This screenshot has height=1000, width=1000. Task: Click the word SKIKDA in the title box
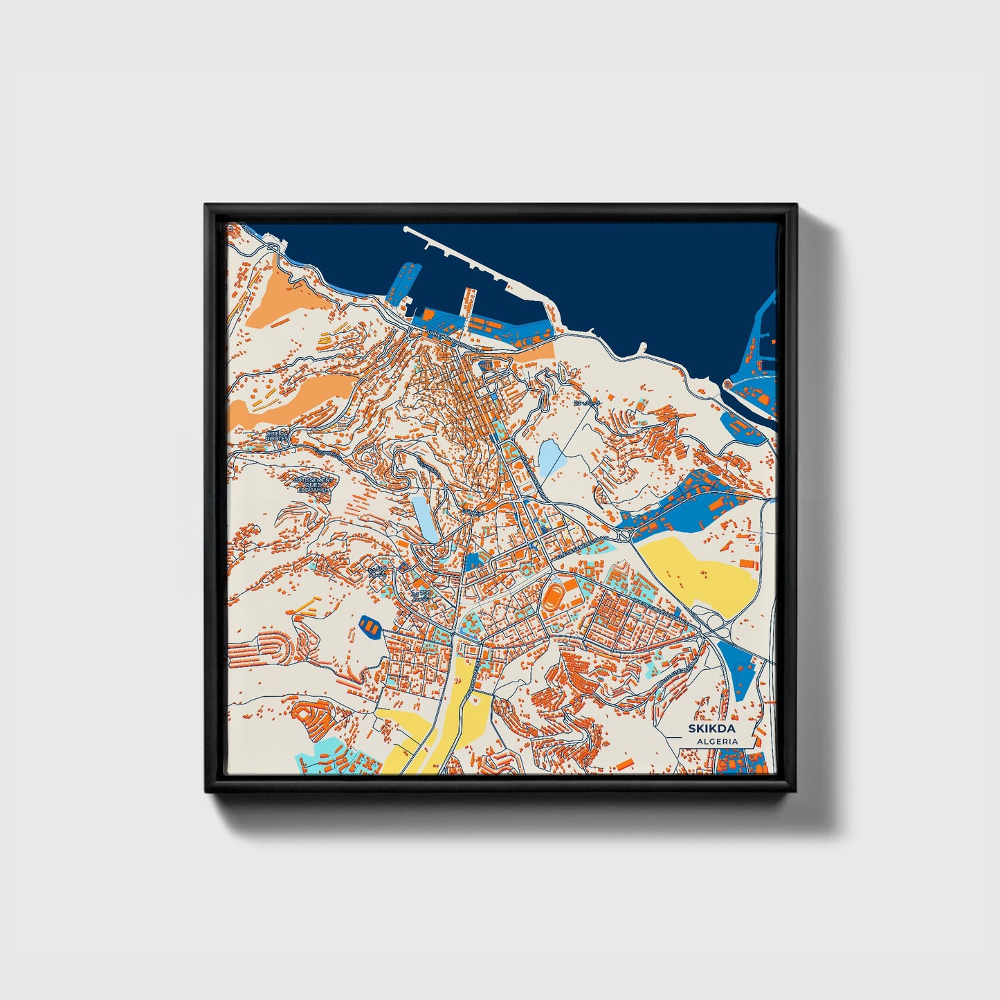click(711, 729)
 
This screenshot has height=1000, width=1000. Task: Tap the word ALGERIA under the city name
click(717, 741)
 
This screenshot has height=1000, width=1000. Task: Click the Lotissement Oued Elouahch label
click(314, 484)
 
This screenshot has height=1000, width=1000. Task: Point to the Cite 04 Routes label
click(277, 436)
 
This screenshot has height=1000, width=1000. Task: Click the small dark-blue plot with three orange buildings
click(371, 627)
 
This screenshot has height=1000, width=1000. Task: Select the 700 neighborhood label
click(420, 594)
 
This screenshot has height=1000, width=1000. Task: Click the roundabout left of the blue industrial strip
click(622, 535)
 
